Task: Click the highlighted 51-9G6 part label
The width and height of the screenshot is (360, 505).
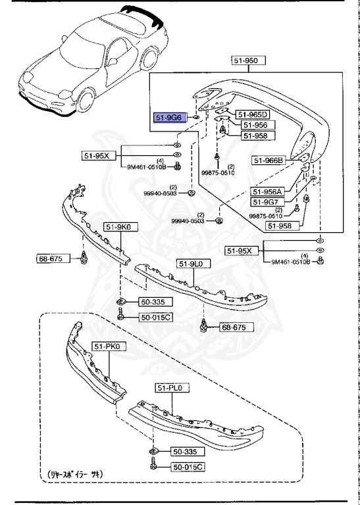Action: pos(168,117)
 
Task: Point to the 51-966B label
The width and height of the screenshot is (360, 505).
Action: pos(269,160)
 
